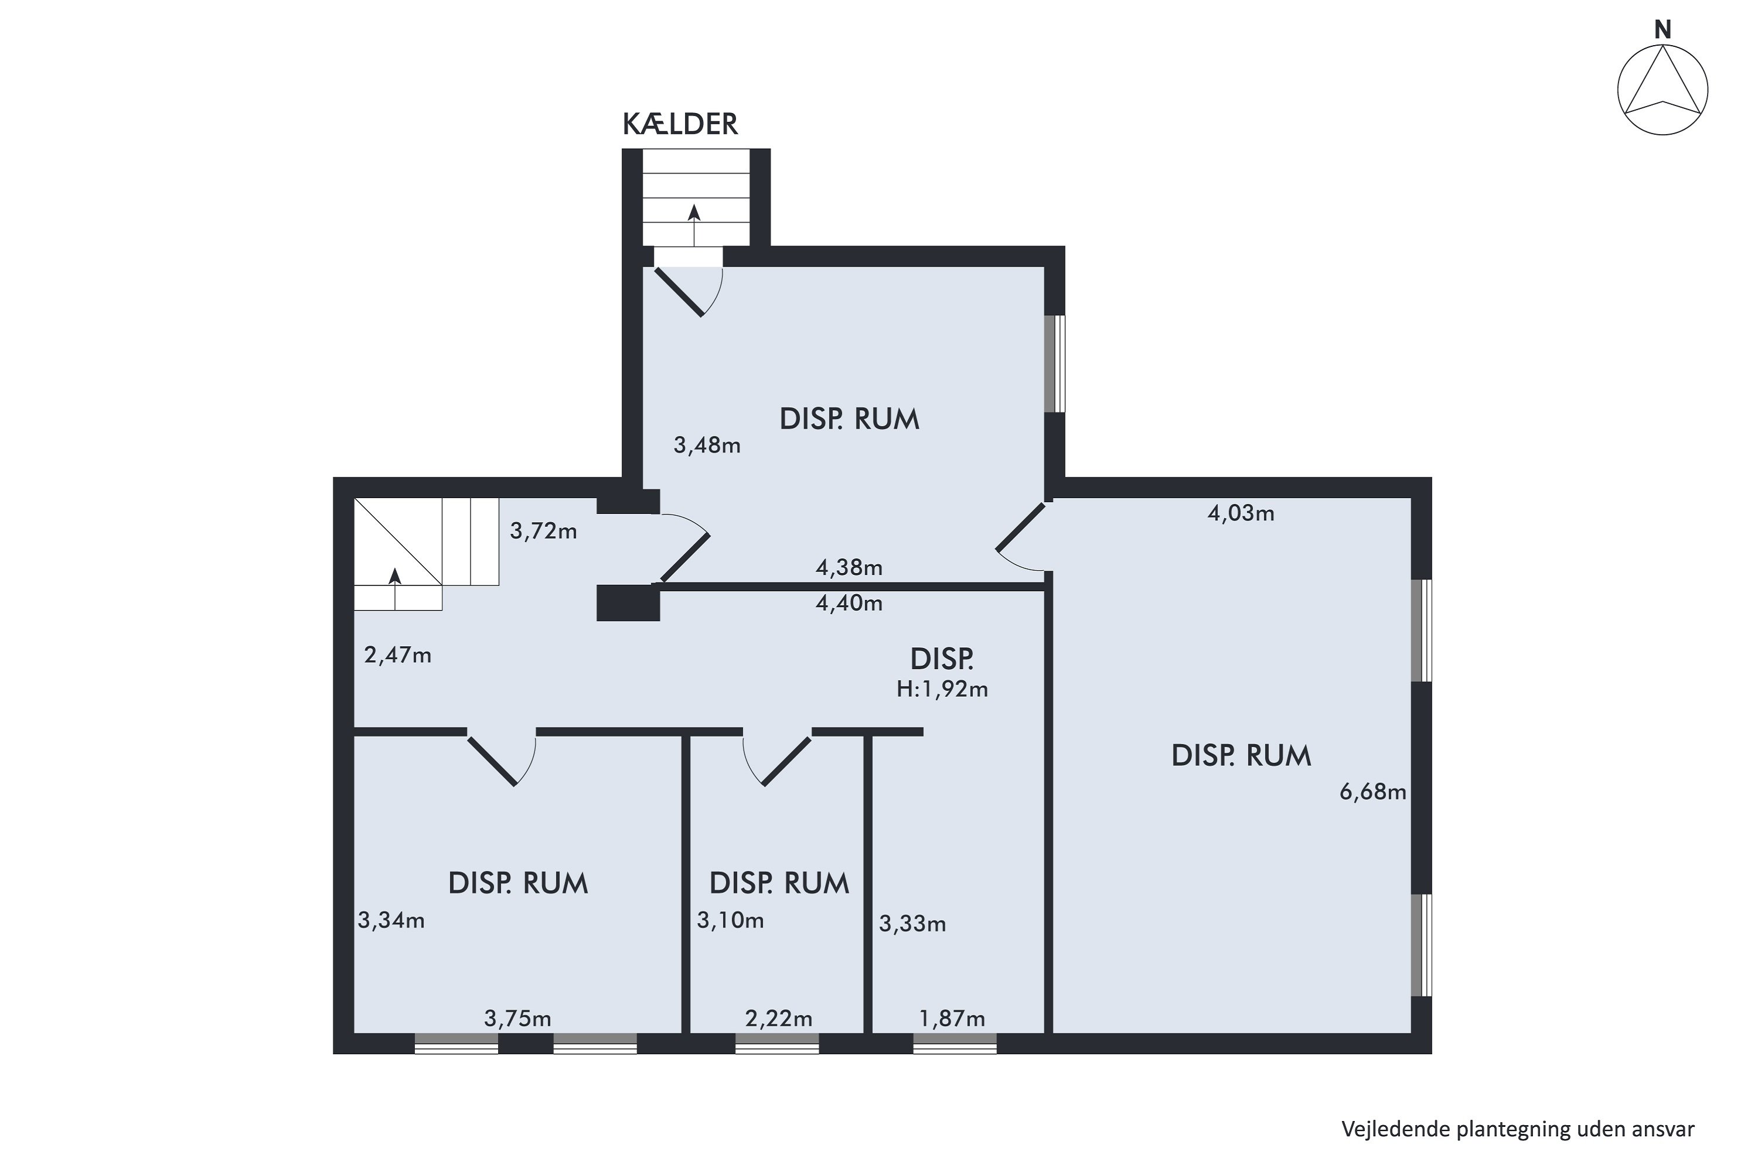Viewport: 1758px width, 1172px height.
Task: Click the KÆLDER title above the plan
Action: click(x=680, y=124)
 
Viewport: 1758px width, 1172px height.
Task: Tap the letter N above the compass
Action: click(x=1663, y=30)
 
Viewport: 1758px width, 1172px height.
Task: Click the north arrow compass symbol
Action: click(x=1663, y=90)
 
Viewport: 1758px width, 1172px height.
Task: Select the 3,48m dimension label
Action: click(x=707, y=446)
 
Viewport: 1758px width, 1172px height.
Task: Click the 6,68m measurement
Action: click(x=1373, y=792)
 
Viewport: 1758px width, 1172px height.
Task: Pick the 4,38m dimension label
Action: click(x=849, y=568)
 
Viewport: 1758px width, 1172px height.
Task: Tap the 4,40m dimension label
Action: click(x=849, y=603)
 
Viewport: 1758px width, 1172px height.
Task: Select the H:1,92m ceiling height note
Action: click(x=942, y=689)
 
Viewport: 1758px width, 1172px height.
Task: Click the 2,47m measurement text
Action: click(x=398, y=656)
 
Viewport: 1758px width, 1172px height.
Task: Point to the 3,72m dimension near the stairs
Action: click(x=543, y=532)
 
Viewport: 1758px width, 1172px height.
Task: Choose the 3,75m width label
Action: click(x=518, y=1019)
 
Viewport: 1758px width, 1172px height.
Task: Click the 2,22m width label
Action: click(x=779, y=1019)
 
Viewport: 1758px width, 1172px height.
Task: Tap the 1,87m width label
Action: click(x=952, y=1019)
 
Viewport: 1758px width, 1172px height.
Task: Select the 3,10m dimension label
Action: click(x=730, y=921)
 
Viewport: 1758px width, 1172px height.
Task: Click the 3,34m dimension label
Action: click(x=391, y=921)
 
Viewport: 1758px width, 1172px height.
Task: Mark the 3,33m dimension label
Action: click(x=912, y=925)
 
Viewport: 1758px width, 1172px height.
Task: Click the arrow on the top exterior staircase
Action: click(x=694, y=225)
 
